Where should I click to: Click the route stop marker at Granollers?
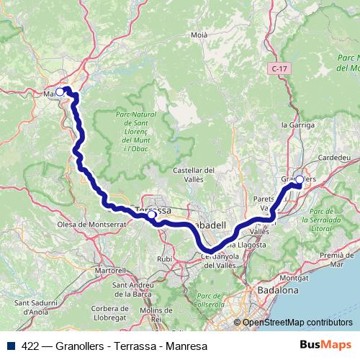(300, 180)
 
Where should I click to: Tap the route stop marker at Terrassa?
(151, 215)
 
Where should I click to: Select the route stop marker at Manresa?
(60, 91)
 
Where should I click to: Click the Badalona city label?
(277, 290)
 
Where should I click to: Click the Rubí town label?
(165, 259)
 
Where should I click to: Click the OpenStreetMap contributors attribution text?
(297, 323)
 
